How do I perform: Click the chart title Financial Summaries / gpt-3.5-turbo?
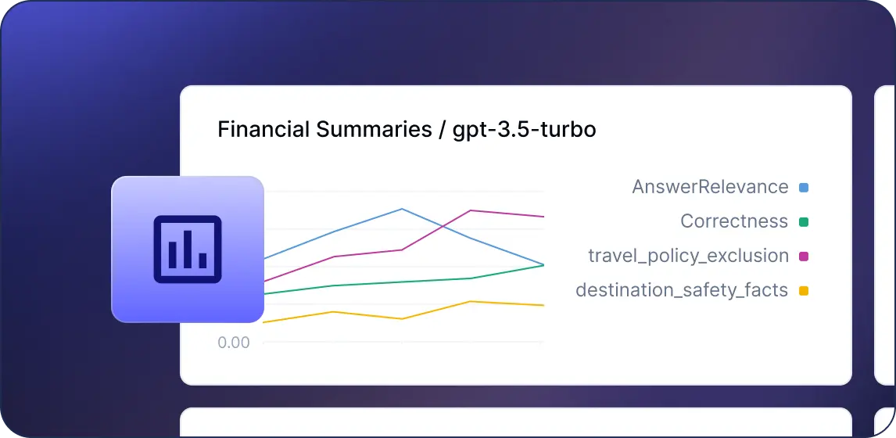(407, 130)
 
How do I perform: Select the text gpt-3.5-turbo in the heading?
(525, 130)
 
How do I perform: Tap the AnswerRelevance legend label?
(710, 187)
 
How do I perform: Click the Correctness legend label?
(734, 221)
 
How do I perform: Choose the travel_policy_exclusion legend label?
(689, 257)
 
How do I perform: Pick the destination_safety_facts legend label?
(682, 290)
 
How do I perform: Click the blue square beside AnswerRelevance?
(804, 187)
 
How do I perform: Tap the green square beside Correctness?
(804, 222)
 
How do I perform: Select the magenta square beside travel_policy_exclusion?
(804, 257)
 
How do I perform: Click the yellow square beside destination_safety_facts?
(804, 291)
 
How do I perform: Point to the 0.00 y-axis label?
(234, 343)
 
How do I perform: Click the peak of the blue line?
(403, 209)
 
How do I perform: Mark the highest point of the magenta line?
(471, 210)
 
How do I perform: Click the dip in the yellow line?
(403, 318)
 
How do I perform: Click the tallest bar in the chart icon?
(188, 250)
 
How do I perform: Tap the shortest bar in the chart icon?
(202, 260)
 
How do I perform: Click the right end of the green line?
(543, 264)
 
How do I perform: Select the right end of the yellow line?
(543, 305)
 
